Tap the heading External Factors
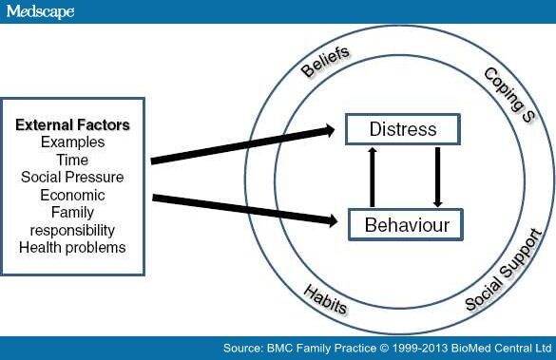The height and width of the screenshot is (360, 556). [73, 124]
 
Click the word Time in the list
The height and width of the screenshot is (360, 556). [73, 160]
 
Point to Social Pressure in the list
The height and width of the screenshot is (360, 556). [73, 178]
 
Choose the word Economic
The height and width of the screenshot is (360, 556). [73, 195]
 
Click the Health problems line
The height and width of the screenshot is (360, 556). [73, 248]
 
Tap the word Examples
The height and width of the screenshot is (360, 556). [73, 142]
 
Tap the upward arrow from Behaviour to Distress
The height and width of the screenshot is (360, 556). [373, 177]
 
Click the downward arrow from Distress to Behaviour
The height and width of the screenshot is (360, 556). [437, 177]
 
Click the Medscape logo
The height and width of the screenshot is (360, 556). [39, 11]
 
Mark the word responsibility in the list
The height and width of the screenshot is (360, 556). [73, 230]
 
